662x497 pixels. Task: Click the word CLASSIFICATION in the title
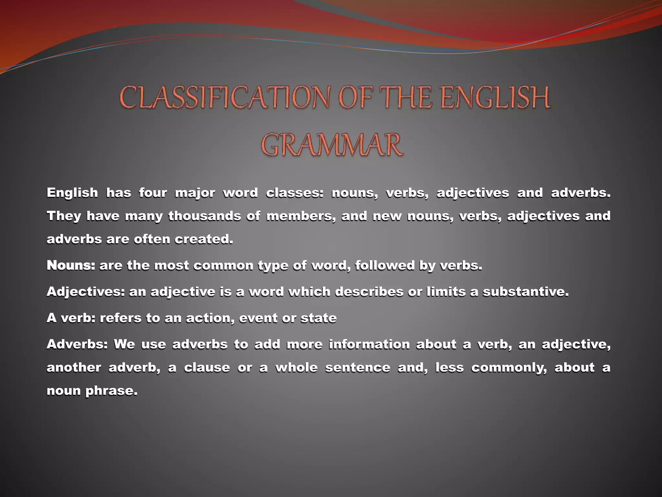point(225,98)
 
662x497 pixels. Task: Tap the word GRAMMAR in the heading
point(332,145)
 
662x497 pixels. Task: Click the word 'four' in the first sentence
point(153,193)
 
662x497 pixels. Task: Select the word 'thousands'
point(205,216)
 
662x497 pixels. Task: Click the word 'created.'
point(204,239)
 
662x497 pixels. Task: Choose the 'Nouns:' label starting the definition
point(71,265)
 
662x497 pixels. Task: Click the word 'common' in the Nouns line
point(223,265)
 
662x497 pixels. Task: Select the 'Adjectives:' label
point(86,292)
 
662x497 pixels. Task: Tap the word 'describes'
point(369,292)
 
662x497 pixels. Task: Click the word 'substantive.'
point(526,292)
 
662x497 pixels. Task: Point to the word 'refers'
point(121,318)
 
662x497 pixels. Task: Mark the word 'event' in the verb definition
point(258,318)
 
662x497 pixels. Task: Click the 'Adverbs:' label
point(77,344)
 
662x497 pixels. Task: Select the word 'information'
point(369,344)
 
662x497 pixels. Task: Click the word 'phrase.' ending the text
point(112,391)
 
